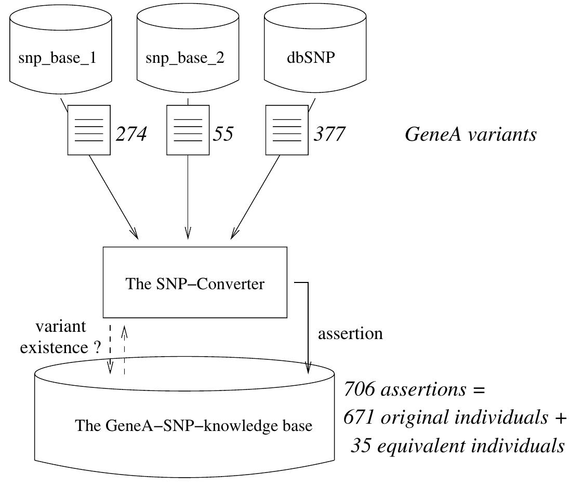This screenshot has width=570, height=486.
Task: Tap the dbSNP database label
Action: click(x=311, y=58)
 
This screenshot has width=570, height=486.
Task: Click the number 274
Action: click(x=131, y=134)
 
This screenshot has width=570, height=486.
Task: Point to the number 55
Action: click(x=223, y=134)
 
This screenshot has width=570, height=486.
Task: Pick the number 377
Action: click(x=329, y=134)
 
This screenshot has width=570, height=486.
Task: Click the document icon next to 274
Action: click(x=89, y=130)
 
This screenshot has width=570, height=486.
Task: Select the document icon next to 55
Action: click(x=188, y=130)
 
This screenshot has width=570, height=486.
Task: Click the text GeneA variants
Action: click(x=470, y=134)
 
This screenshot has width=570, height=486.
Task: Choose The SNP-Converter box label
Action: click(x=195, y=284)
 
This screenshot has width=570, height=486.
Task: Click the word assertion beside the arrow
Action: click(x=350, y=333)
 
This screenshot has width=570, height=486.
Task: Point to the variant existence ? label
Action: click(x=60, y=337)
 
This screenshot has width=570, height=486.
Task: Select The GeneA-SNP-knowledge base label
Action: click(x=194, y=426)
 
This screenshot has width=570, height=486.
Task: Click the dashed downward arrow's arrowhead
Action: click(x=110, y=369)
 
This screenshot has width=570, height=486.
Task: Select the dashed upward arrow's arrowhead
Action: click(x=124, y=330)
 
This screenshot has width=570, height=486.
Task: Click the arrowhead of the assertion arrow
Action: click(x=308, y=368)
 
